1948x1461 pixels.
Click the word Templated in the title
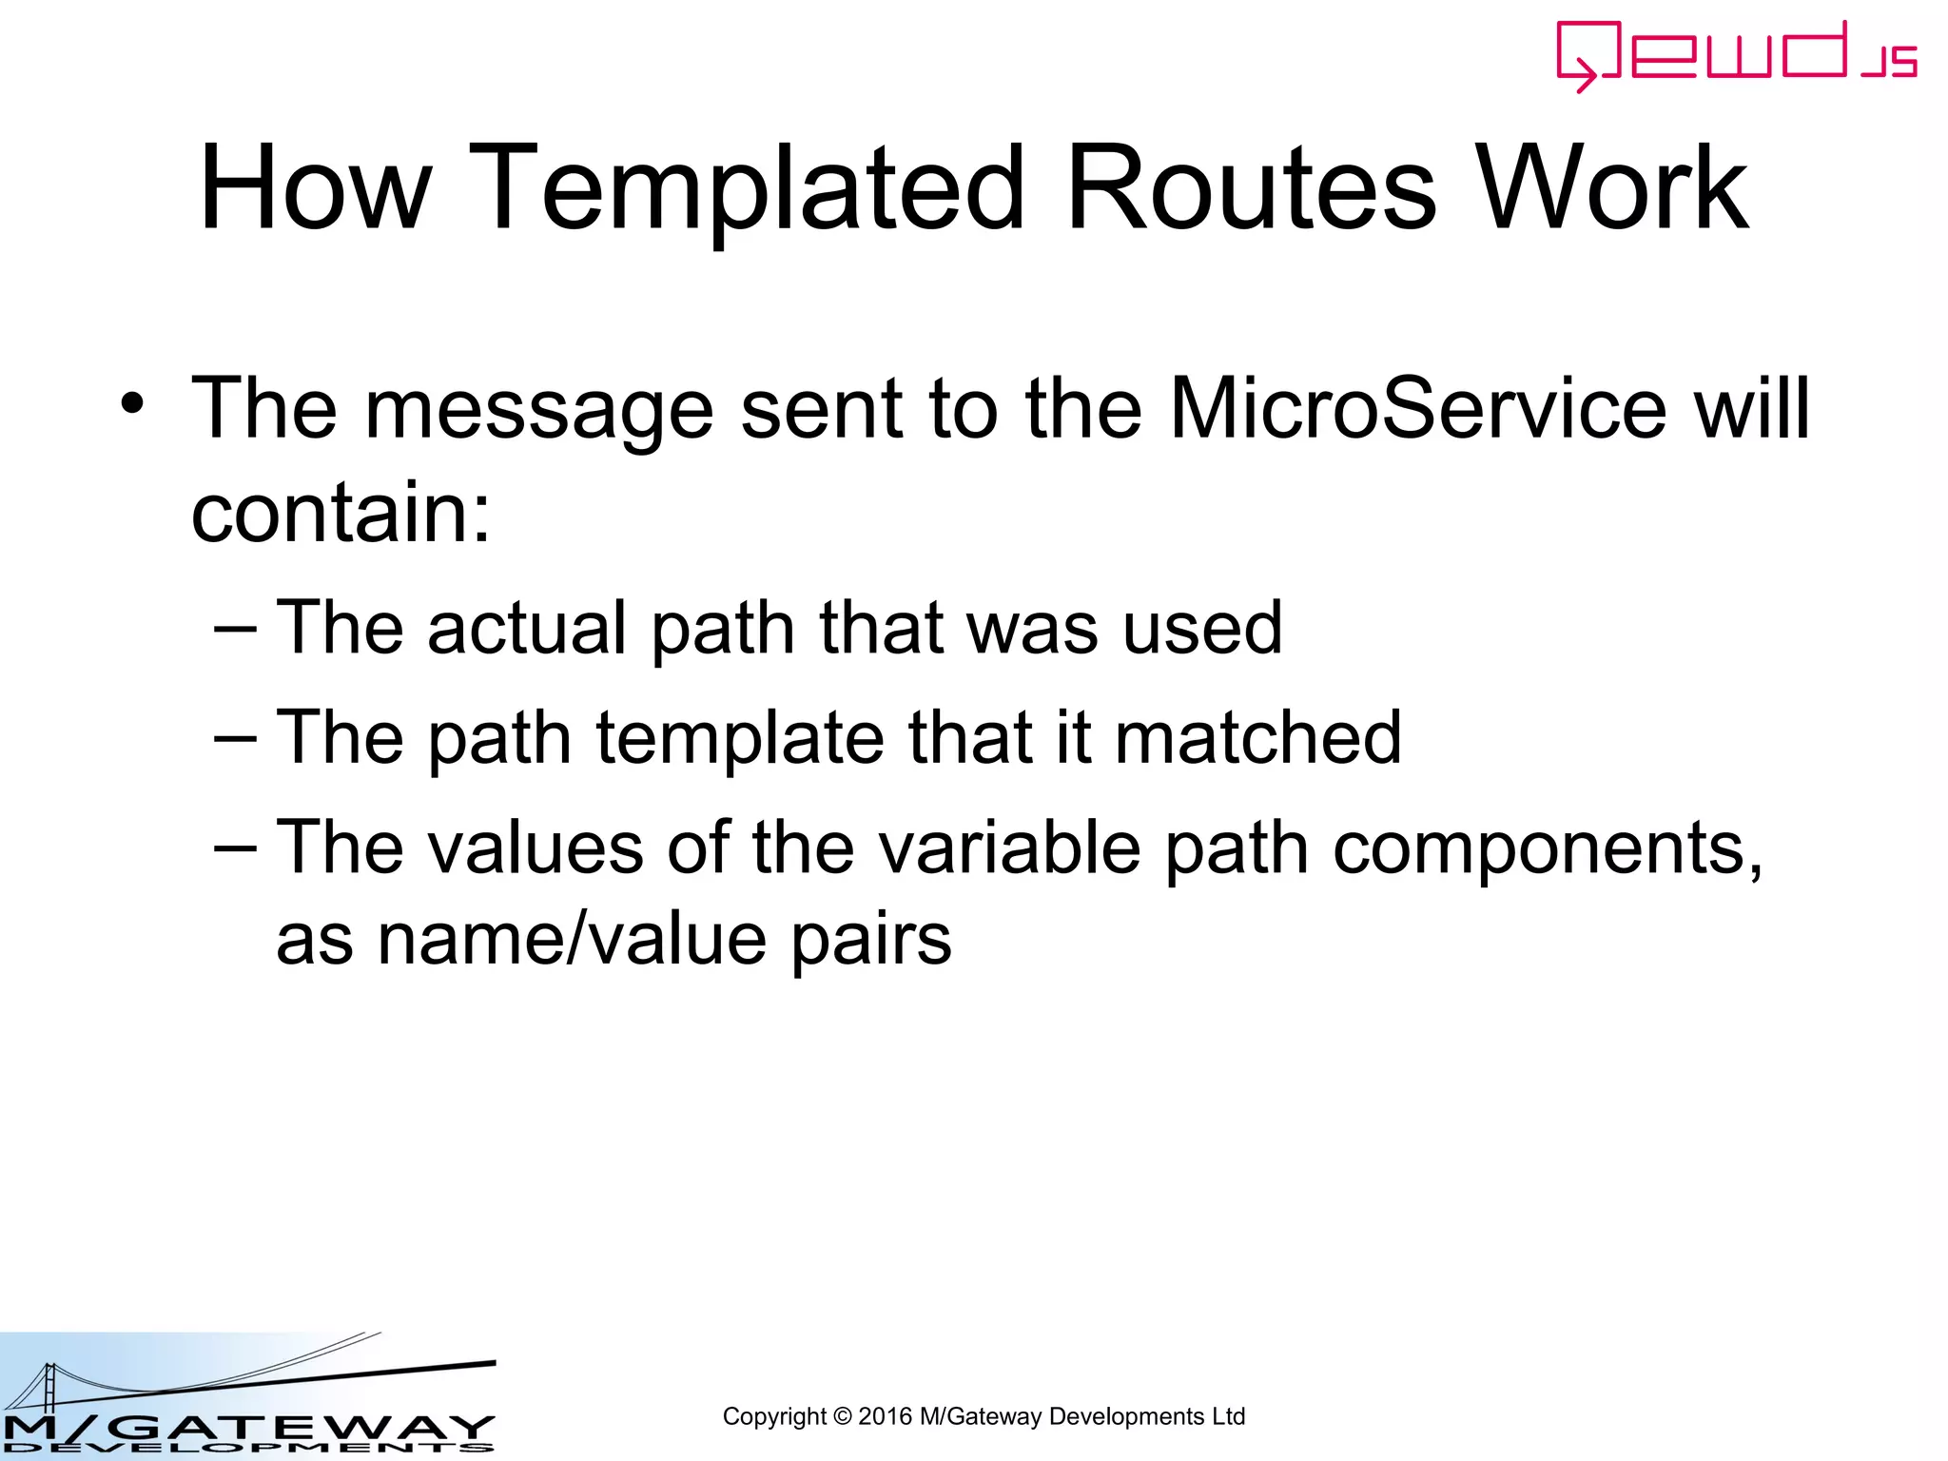point(755,187)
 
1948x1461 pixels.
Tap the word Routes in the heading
point(1251,187)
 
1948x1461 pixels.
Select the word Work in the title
point(1611,187)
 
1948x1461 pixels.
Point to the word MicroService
point(1417,409)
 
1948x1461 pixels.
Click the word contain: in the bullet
point(341,512)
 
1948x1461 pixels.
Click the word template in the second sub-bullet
point(740,739)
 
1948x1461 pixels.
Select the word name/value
point(572,940)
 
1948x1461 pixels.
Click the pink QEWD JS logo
point(1736,56)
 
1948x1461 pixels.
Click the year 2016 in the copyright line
point(885,1417)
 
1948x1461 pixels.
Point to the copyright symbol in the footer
point(842,1417)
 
